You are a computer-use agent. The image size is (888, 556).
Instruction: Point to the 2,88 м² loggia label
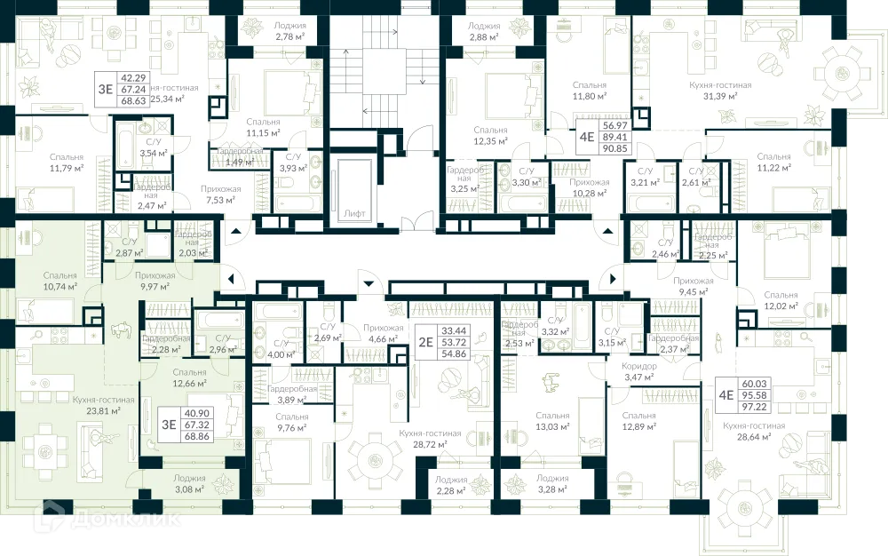tap(485, 32)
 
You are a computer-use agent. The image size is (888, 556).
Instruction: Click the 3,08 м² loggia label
tap(187, 483)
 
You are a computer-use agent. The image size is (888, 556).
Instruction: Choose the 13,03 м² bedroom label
tap(552, 421)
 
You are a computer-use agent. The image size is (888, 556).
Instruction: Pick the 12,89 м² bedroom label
tap(639, 421)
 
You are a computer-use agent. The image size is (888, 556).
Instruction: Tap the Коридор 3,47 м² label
tap(639, 371)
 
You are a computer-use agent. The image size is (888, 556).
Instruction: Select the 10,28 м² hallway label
tap(589, 187)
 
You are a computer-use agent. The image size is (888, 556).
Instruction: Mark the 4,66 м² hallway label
tap(383, 333)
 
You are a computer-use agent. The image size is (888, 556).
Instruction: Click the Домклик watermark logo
tap(107, 520)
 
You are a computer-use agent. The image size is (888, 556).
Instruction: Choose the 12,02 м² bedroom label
tap(781, 300)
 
